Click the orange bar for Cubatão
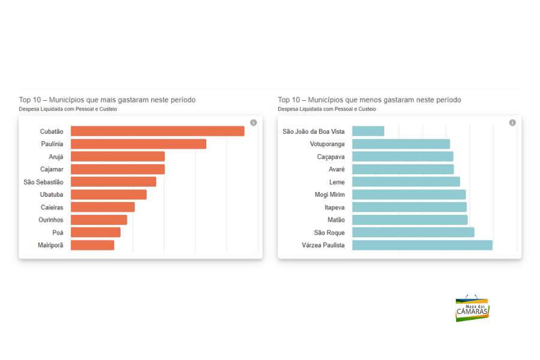157,131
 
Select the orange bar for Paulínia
138,144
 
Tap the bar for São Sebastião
113,182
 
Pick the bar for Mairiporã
92,245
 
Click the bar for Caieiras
103,207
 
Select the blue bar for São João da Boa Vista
368,131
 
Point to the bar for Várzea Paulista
422,245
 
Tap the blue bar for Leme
406,182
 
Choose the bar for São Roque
413,232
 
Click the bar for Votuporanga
401,144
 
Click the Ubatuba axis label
52,194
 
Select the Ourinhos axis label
51,220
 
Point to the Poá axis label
58,232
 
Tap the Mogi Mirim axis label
330,194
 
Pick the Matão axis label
336,220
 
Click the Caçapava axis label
331,157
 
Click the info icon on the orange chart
253,122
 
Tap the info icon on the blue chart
512,122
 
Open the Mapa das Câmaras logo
472,308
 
